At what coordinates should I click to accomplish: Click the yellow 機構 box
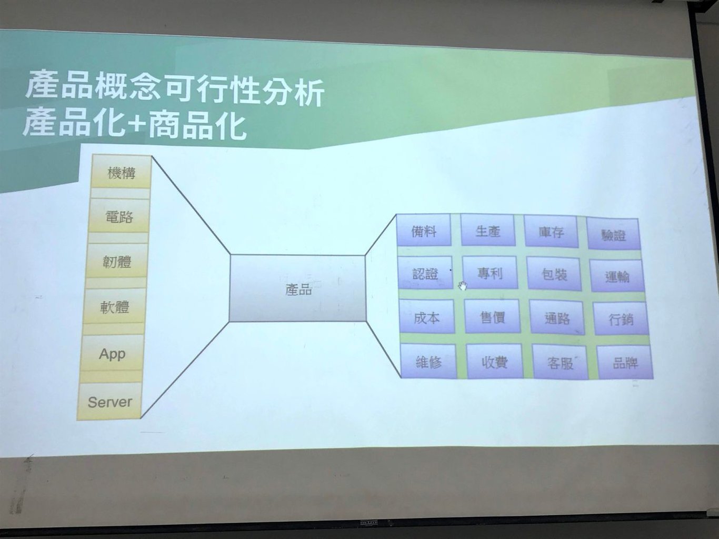pos(122,172)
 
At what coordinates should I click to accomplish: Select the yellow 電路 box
pos(118,216)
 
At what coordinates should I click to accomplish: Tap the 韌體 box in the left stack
pos(116,261)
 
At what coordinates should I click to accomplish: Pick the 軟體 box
pos(114,306)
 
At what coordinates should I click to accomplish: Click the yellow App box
pos(112,353)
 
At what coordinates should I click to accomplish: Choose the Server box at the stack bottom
pos(109,401)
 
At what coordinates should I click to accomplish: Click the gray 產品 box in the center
pos(297,288)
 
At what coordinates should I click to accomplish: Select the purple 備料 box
pos(424,230)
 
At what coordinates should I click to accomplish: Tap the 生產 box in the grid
pos(487,230)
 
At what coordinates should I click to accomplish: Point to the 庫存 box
pos(551,231)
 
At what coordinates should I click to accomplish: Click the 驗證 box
pos(613,234)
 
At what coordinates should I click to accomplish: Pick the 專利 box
pos(490,273)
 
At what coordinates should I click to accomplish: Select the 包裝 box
pos(554,274)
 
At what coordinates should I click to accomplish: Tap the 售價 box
pos(492,317)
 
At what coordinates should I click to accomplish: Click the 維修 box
pos(428,361)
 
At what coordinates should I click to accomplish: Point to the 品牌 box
pos(625,363)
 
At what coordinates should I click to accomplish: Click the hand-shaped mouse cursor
pos(463,286)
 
